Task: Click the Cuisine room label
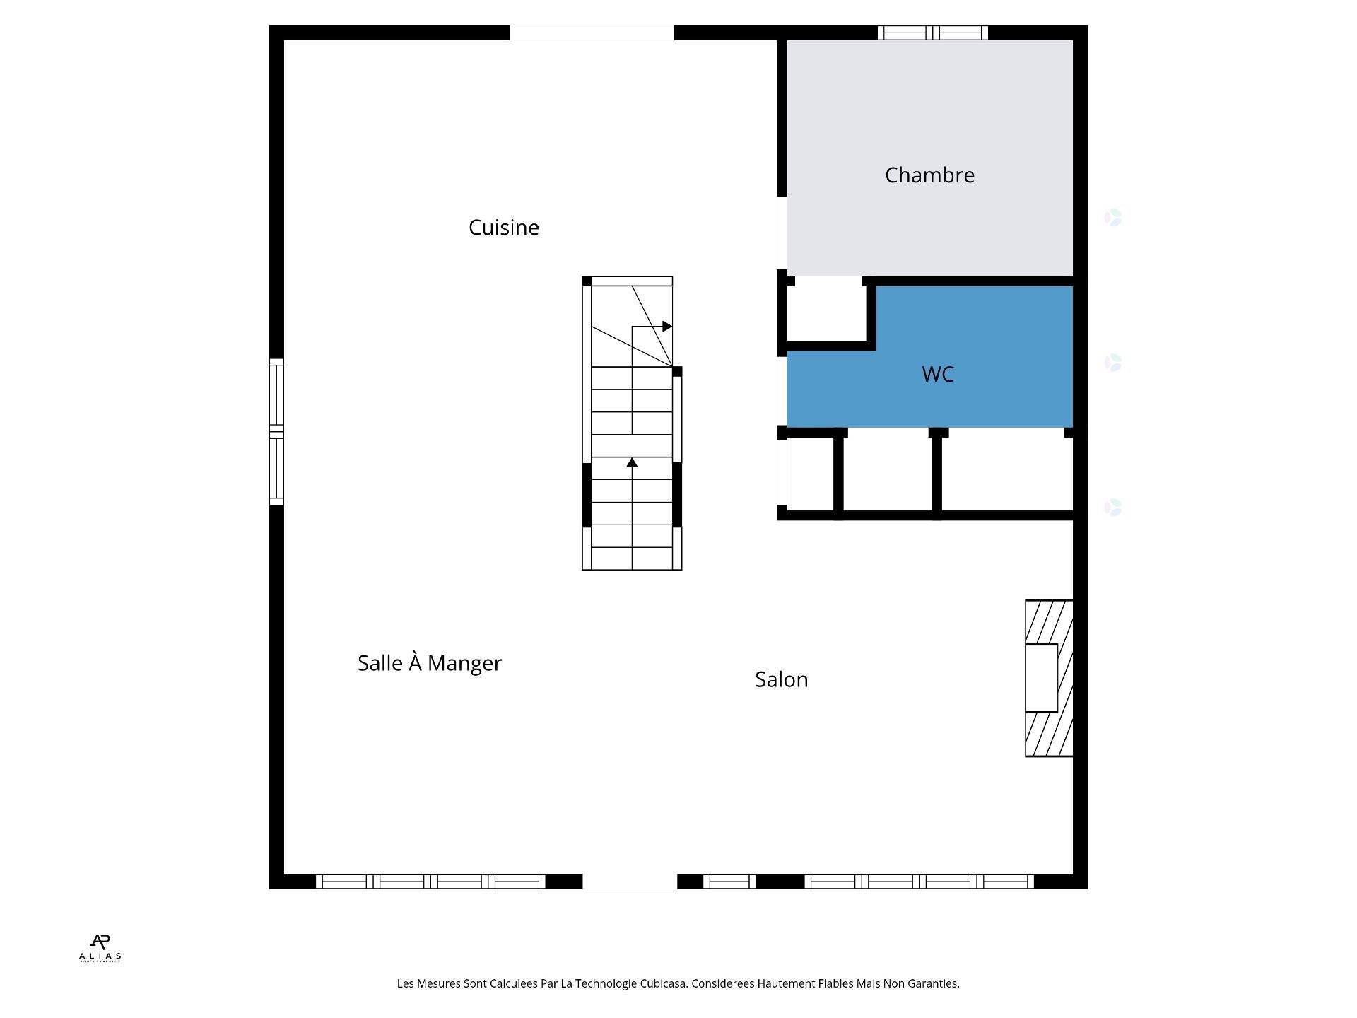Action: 503,228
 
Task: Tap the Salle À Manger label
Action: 429,663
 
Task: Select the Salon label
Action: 781,679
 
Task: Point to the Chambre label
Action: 929,175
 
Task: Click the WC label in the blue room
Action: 937,374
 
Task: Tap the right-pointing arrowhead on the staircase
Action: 666,327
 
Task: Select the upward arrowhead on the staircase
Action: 632,462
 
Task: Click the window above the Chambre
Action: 932,33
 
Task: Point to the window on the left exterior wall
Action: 276,431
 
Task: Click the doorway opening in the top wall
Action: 592,33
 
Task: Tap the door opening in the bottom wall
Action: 629,882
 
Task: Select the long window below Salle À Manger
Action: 430,882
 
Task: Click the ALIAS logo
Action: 100,948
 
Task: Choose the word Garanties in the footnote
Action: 934,983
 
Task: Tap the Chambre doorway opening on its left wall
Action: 782,233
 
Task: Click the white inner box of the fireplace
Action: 1042,678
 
